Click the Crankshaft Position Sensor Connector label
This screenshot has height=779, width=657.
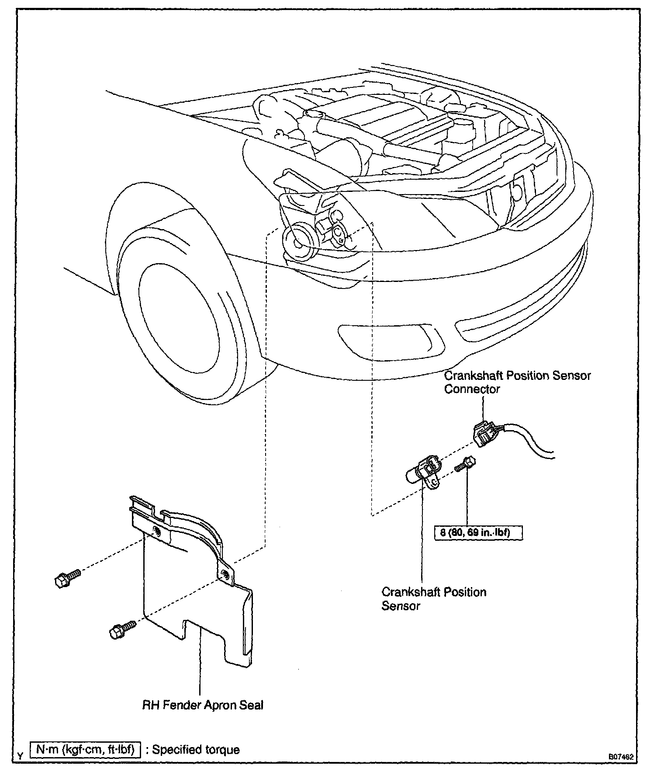517,382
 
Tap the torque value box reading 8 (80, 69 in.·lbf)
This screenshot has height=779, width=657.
478,533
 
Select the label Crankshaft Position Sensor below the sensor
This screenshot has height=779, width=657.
433,598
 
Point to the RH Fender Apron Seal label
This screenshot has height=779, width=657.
203,705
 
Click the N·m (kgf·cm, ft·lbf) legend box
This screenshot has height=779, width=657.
86,750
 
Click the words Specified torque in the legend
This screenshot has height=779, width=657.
196,750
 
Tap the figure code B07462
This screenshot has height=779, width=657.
621,756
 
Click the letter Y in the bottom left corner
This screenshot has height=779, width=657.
20,755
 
